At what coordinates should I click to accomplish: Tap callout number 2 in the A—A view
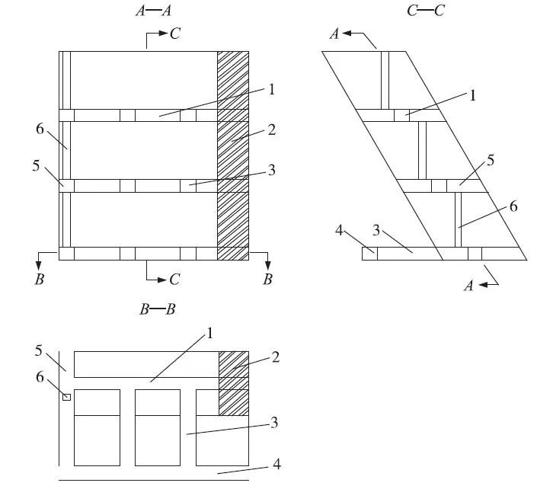coord(271,129)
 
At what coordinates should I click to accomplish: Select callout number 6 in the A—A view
coord(40,129)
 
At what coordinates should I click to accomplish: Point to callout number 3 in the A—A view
coord(271,171)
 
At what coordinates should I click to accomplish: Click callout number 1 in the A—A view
coord(271,89)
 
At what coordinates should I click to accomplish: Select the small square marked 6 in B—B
coord(66,397)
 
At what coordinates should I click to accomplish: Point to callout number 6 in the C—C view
coord(513,206)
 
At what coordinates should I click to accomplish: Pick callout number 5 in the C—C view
coord(491,160)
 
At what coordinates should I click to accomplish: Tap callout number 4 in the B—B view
coord(276,462)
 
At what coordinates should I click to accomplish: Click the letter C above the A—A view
coord(175,35)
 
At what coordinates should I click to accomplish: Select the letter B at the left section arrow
coord(39,280)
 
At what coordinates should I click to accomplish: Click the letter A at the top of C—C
coord(332,34)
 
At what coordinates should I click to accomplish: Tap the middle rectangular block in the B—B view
coord(158,427)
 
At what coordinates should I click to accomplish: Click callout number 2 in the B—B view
coord(275,357)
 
